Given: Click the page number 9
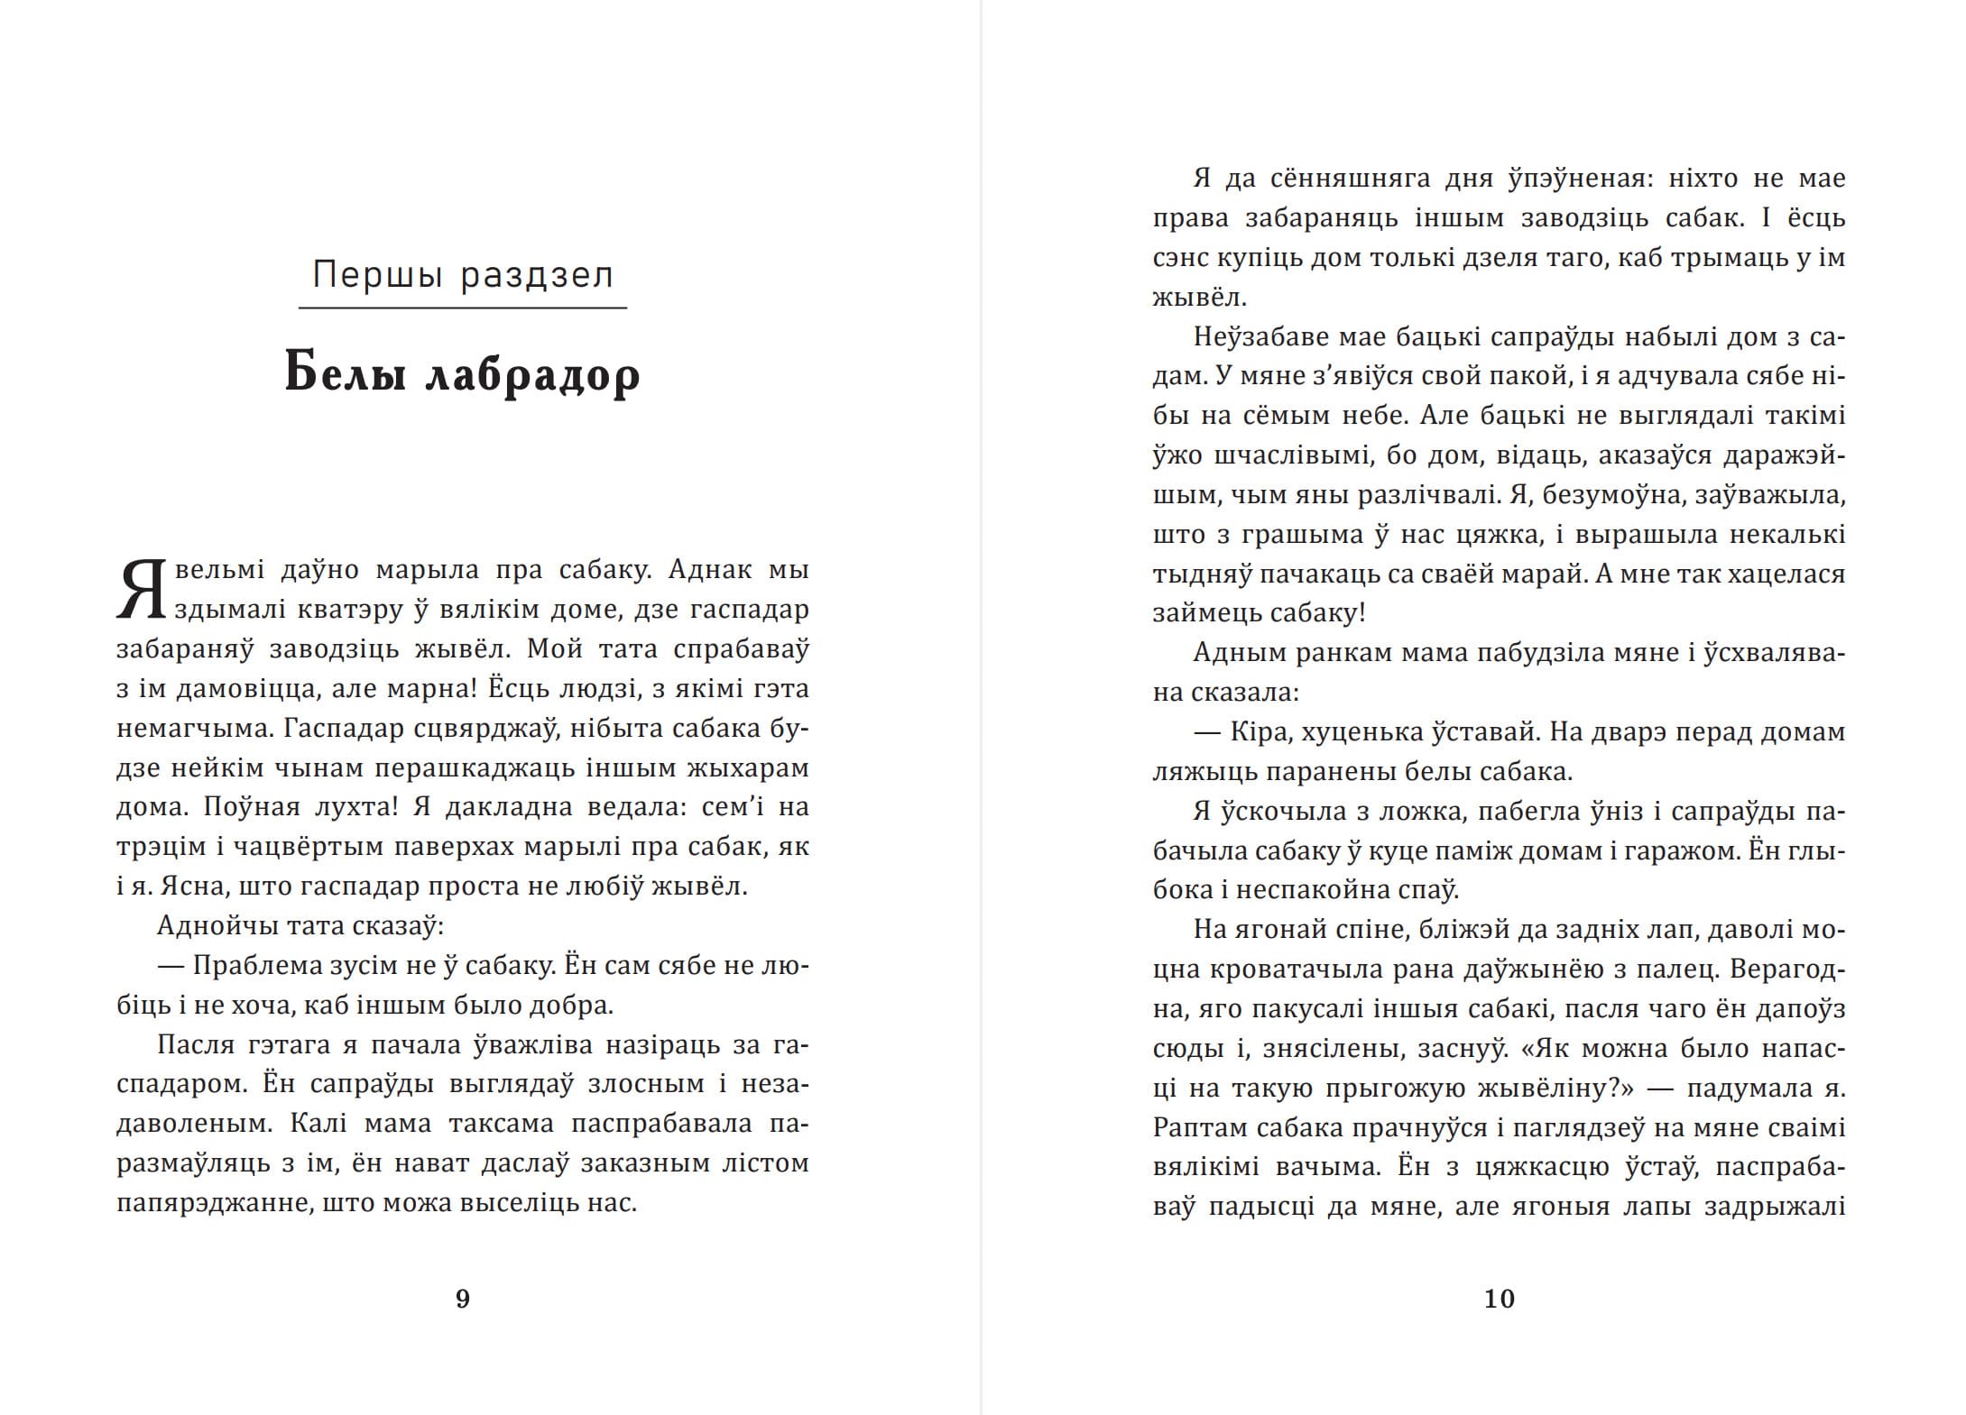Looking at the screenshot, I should point(462,1299).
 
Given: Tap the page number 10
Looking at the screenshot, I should point(1500,1299).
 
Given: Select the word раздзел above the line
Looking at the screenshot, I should point(538,275).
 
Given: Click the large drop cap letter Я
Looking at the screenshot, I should point(142,592).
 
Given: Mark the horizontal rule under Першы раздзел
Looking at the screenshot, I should point(462,308).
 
